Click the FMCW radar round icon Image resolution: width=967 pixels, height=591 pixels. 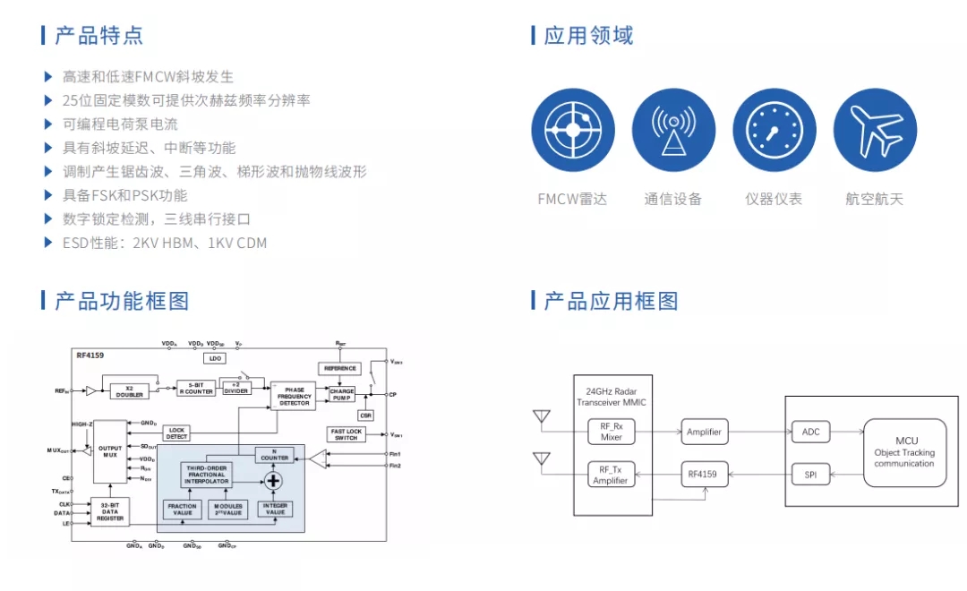pos(573,130)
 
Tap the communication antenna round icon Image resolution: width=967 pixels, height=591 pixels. pos(673,130)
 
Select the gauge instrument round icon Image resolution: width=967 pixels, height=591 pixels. pos(774,130)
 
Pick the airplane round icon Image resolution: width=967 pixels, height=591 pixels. pos(875,130)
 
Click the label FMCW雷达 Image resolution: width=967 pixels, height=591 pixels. pos(572,199)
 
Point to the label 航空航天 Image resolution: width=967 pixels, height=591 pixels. pos(875,199)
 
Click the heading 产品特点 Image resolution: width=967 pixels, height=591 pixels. pos(98,36)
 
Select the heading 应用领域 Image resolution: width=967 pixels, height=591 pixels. pos(588,36)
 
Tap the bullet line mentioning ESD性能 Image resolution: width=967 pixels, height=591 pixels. pos(165,243)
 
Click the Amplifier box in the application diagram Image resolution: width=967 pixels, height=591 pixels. pos(704,433)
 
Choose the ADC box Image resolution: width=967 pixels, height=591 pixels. pos(810,432)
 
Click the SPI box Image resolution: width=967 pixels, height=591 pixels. pos(810,475)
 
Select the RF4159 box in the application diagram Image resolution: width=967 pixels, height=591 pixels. pos(704,474)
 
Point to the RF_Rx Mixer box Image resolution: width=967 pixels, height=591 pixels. pos(611,433)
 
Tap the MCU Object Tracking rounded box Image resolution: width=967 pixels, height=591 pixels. pos(903,452)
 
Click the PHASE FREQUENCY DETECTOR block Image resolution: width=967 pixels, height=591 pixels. pos(294,396)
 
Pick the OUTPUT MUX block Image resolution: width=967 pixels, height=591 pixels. pos(110,450)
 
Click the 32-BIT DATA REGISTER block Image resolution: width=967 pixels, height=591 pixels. pos(109,511)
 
